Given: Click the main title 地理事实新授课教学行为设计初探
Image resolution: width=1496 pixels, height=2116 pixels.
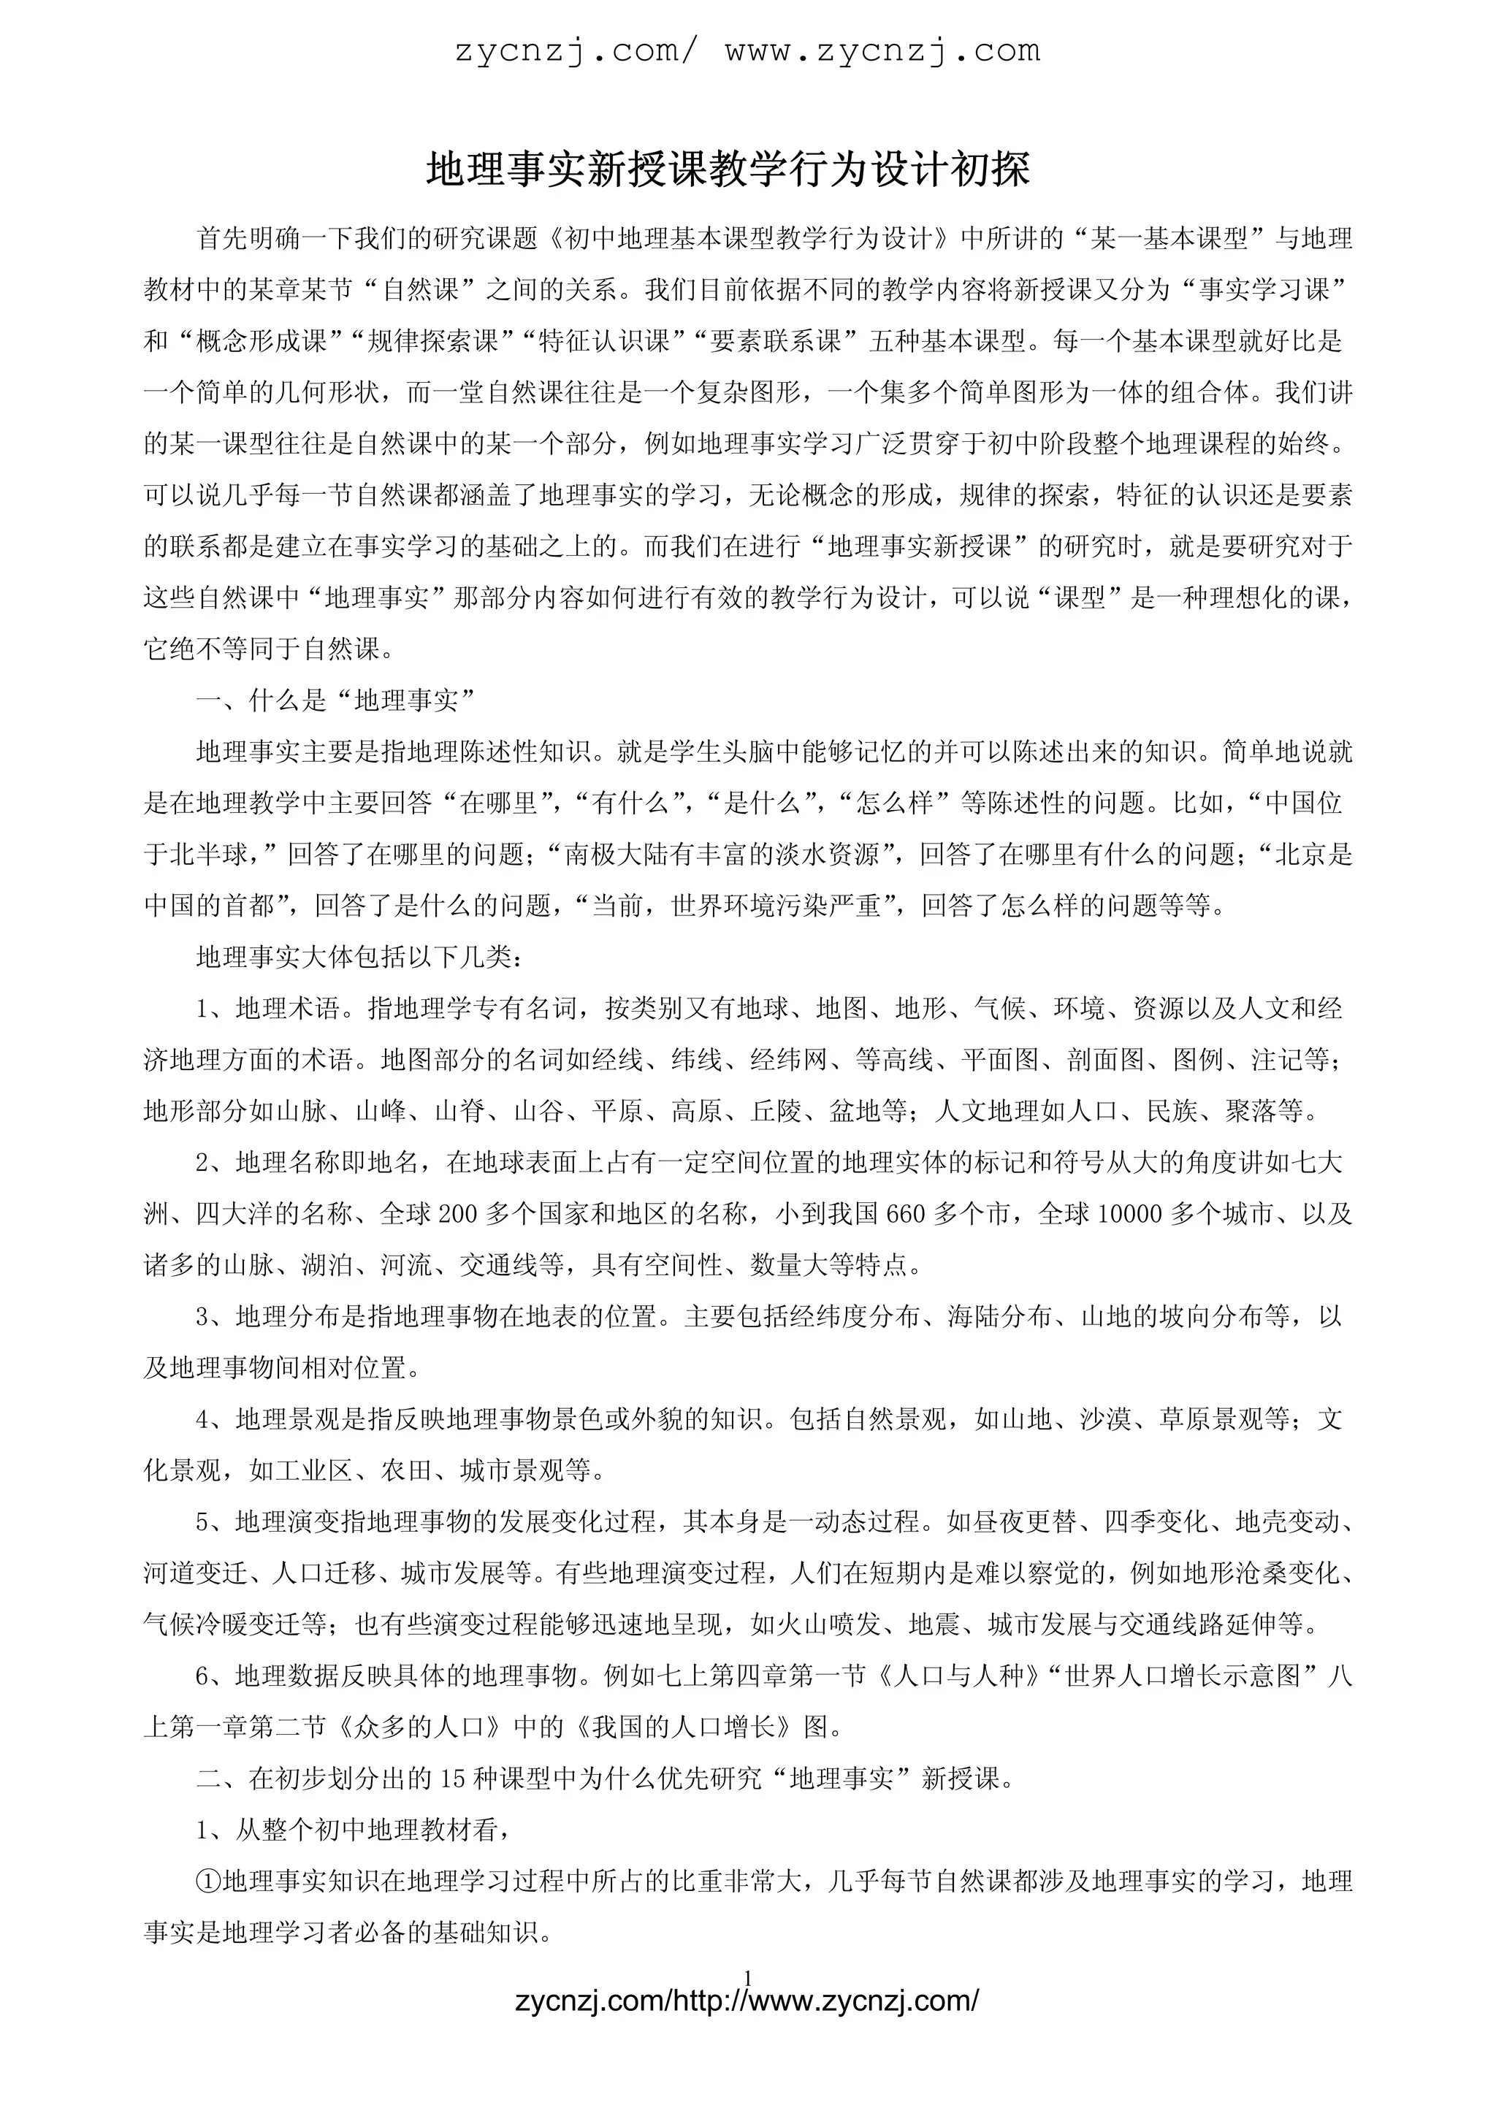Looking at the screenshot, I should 728,172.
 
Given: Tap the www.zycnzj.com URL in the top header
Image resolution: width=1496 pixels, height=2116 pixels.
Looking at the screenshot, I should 882,50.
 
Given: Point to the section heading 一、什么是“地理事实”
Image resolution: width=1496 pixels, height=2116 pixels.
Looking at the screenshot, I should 335,701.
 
